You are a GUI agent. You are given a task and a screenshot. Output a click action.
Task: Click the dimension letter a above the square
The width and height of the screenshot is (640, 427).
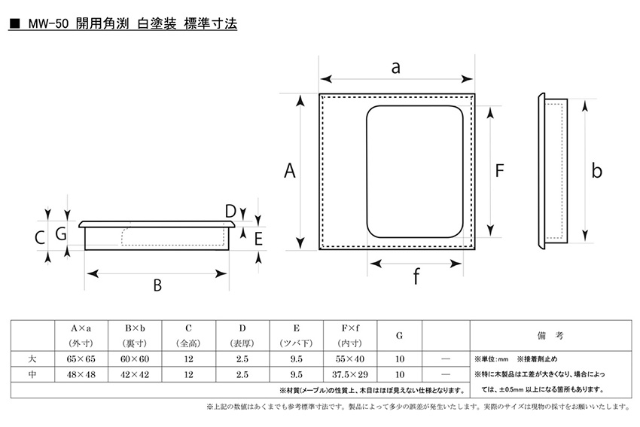(395, 68)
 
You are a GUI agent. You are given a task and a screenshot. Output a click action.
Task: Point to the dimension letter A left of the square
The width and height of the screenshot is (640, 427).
(290, 171)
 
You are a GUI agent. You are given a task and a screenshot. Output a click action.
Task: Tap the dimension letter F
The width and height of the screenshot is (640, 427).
(499, 171)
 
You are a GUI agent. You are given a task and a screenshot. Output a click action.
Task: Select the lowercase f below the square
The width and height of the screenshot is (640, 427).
(416, 276)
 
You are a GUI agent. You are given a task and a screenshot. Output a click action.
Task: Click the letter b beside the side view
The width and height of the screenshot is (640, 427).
(597, 171)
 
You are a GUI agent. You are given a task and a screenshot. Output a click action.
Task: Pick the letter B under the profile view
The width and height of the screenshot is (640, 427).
(157, 285)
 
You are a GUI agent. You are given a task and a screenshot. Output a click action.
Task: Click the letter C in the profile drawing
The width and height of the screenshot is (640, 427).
(40, 238)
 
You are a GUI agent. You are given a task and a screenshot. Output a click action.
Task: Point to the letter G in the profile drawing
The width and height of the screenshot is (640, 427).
(61, 234)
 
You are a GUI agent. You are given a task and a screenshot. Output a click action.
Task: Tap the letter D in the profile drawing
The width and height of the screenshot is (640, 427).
(230, 212)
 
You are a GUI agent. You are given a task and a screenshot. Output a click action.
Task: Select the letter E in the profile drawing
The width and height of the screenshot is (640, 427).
(258, 239)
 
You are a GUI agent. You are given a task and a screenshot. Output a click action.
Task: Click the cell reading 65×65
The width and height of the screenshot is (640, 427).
(81, 358)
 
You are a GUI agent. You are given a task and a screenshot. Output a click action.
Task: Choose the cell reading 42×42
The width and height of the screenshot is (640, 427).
(135, 374)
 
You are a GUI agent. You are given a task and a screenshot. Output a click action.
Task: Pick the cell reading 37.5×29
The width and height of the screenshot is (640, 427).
(350, 374)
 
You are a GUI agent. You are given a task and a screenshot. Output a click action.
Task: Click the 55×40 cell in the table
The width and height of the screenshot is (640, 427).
(350, 358)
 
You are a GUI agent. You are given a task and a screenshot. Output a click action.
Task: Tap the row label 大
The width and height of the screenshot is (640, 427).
(32, 358)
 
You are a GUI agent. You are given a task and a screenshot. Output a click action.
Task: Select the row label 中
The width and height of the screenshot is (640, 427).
(32, 374)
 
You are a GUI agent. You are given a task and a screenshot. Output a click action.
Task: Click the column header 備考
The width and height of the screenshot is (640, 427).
(550, 336)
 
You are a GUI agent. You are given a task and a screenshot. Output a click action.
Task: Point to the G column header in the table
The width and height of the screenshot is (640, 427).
(399, 336)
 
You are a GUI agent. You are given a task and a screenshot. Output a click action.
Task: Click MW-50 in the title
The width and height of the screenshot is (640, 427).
(48, 24)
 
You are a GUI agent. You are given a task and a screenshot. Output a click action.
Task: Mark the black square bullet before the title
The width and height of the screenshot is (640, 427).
(15, 24)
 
